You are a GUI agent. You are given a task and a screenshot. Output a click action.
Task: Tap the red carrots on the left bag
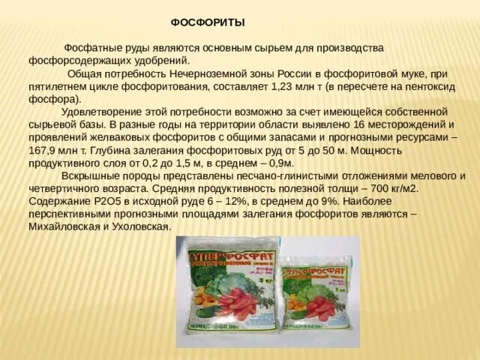[237, 304]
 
